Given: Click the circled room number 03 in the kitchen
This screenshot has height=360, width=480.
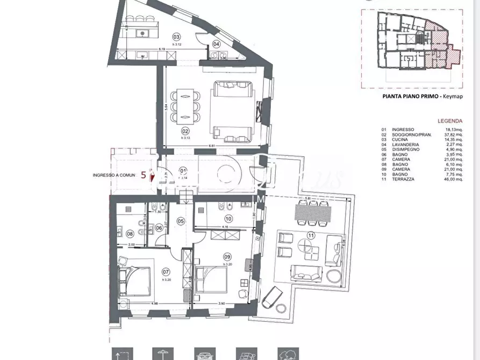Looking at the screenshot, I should pos(176,37).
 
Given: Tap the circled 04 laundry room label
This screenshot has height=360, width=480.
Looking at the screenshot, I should pos(217,44).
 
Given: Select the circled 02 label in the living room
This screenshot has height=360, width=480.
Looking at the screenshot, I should pos(185,131).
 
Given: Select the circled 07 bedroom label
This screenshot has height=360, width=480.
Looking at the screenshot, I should pos(166,272).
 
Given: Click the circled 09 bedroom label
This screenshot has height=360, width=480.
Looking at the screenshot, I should pos(227,256).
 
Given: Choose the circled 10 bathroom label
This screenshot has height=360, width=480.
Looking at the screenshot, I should pos(228,219).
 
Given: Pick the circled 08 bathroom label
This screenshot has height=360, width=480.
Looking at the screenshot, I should pos(130,234).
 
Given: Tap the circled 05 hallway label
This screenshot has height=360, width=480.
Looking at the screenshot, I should pos(181,221).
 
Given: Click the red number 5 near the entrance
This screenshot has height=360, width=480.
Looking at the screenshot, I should pos(143,175).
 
